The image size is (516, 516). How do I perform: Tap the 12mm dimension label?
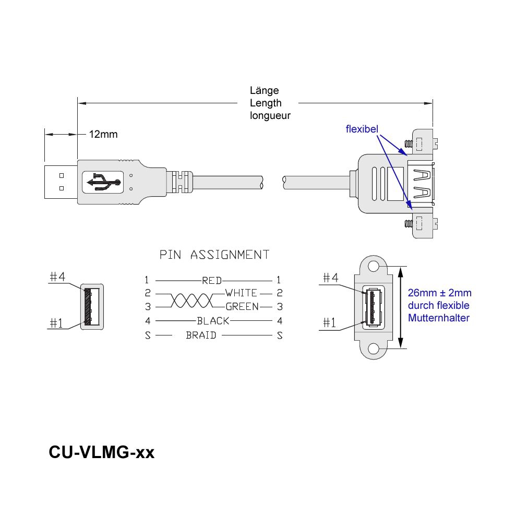pyautogui.click(x=103, y=135)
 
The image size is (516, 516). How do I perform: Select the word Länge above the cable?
pyautogui.click(x=265, y=91)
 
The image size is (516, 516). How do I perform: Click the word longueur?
pyautogui.click(x=270, y=116)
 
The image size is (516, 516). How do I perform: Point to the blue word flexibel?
pyautogui.click(x=362, y=128)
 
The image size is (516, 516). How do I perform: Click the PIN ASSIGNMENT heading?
pyautogui.click(x=214, y=255)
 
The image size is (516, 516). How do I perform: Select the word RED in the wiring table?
pyautogui.click(x=212, y=281)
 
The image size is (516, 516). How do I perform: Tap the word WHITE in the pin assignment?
pyautogui.click(x=241, y=293)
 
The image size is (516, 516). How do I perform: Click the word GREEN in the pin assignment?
pyautogui.click(x=242, y=307)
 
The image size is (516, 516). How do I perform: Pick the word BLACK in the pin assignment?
pyautogui.click(x=212, y=321)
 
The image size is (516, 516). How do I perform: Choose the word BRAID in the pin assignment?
pyautogui.click(x=201, y=335)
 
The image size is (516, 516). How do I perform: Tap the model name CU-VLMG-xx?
pyautogui.click(x=101, y=452)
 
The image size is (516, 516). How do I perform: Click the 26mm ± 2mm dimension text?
pyautogui.click(x=440, y=293)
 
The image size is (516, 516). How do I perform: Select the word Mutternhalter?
pyautogui.click(x=439, y=318)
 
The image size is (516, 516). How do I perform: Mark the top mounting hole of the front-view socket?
pyautogui.click(x=373, y=267)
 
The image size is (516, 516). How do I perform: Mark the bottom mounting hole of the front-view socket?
pyautogui.click(x=373, y=349)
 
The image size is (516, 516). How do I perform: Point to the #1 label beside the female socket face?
pyautogui.click(x=329, y=323)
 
